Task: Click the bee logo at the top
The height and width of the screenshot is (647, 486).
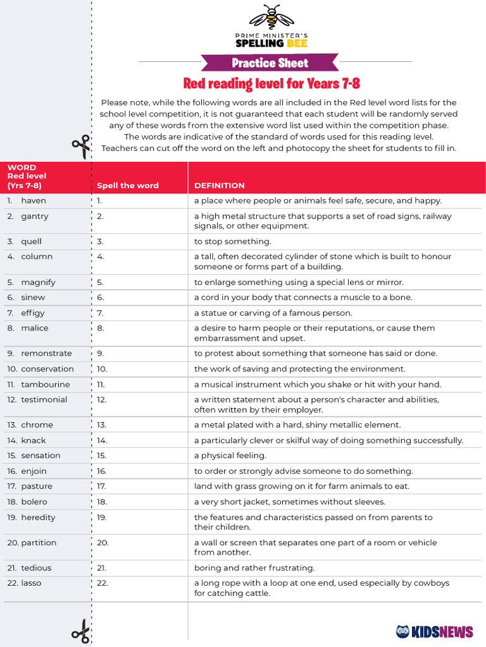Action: (x=271, y=18)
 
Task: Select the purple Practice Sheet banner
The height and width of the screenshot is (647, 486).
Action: (x=270, y=63)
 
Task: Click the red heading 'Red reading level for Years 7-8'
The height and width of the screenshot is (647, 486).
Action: (x=271, y=83)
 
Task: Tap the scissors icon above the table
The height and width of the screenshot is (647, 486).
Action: (x=81, y=148)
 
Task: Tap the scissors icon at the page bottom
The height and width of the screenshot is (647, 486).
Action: (x=81, y=631)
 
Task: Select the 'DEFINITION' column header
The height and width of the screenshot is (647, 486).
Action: (x=219, y=186)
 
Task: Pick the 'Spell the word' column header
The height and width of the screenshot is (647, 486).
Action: (x=128, y=186)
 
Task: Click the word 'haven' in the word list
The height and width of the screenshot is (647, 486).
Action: (x=34, y=201)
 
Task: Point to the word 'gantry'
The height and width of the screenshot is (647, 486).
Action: (x=35, y=216)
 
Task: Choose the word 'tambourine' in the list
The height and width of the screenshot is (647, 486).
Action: (x=46, y=385)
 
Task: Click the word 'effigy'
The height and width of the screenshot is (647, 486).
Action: (x=33, y=313)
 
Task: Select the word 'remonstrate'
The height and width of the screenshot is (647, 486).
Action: (x=46, y=354)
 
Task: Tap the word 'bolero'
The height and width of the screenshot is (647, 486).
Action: (x=34, y=502)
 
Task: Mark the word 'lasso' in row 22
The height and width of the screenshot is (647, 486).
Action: (x=31, y=583)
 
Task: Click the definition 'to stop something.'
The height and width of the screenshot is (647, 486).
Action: (x=232, y=241)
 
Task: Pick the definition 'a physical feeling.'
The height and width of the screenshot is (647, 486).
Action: (x=230, y=456)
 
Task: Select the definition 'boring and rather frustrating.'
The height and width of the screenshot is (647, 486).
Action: (x=254, y=568)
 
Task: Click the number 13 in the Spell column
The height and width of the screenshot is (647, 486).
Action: (x=102, y=425)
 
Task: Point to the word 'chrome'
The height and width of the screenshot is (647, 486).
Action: (x=37, y=425)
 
